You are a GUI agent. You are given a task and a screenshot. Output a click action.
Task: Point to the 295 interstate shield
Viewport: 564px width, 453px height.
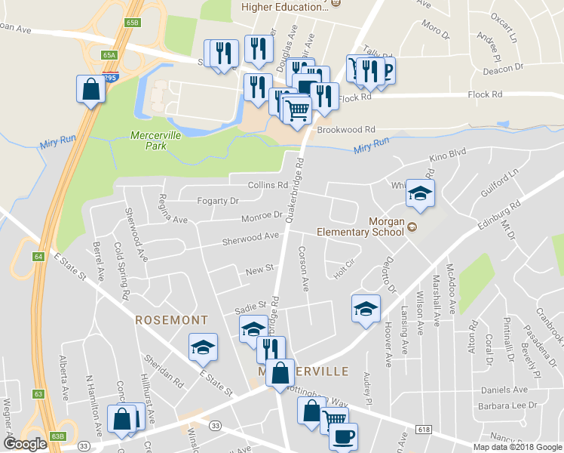[110, 77]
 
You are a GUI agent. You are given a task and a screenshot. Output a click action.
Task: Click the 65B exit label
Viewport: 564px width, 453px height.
[133, 23]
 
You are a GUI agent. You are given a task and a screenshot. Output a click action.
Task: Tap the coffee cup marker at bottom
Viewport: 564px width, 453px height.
[343, 437]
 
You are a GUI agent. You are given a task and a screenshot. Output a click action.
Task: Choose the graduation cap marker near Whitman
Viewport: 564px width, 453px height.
[420, 193]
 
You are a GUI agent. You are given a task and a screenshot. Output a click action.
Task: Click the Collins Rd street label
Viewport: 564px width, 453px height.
[268, 185]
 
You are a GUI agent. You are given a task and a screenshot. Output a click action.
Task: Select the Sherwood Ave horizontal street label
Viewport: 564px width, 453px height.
[250, 239]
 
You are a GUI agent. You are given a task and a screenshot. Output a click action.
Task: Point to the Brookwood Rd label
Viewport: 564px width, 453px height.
[346, 130]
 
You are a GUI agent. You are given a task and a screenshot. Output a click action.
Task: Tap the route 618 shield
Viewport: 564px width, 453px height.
[423, 429]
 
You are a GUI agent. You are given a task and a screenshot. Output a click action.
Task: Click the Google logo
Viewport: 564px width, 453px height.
[26, 444]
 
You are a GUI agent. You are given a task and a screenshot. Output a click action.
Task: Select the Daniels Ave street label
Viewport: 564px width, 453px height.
[504, 390]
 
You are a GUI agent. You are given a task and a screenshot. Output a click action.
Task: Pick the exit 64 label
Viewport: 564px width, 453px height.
[38, 256]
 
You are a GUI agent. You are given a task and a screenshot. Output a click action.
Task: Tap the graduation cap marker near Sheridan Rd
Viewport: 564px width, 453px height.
[203, 347]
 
